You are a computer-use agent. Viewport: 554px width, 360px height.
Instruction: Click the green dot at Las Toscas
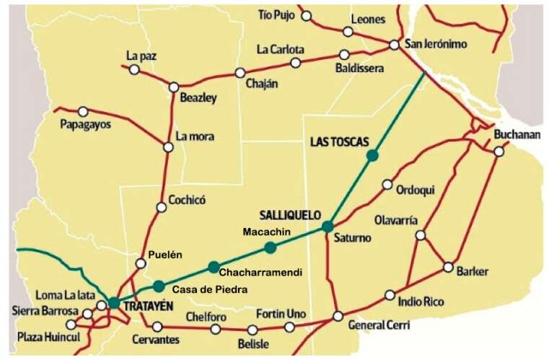pos(372,155)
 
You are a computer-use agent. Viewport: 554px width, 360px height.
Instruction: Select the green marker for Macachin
pos(270,247)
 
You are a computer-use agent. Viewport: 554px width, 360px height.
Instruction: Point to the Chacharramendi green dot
pos(213,267)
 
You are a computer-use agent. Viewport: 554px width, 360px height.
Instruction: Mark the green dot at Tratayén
pos(114,302)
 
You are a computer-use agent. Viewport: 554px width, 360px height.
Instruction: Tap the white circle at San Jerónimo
pos(395,45)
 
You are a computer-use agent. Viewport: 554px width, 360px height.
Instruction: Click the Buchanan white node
pos(498,152)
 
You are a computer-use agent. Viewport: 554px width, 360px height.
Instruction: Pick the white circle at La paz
pos(134,69)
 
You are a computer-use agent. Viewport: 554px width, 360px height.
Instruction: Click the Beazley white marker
pos(173,87)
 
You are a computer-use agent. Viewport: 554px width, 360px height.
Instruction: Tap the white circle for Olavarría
pos(421,234)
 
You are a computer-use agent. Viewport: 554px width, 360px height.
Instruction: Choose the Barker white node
pos(448,266)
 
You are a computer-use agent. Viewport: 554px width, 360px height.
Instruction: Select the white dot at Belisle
pos(252,330)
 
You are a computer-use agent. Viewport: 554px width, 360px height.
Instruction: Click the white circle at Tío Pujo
pos(307,15)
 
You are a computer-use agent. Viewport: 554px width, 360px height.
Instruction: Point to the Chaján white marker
pos(239,73)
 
